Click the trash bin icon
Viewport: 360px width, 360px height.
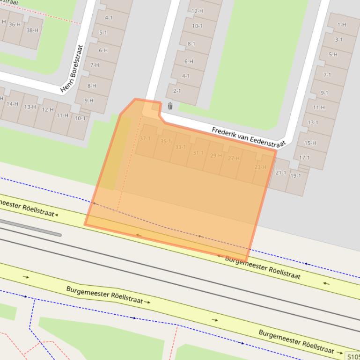170,106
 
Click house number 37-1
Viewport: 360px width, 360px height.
145,138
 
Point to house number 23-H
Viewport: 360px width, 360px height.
260,167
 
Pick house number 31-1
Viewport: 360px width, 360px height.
198,153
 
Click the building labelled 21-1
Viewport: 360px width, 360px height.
280,173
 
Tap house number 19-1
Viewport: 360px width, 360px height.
295,176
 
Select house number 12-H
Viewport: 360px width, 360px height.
198,11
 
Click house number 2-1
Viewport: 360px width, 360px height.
176,91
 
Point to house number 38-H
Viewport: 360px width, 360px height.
32,30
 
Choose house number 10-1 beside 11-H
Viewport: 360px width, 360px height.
80,118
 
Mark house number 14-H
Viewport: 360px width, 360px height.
13,104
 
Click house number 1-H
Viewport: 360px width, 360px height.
342,25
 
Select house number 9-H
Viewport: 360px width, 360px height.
88,101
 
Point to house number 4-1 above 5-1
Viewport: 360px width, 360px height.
109,18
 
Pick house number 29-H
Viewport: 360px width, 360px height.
216,155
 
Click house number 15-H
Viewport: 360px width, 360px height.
310,143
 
